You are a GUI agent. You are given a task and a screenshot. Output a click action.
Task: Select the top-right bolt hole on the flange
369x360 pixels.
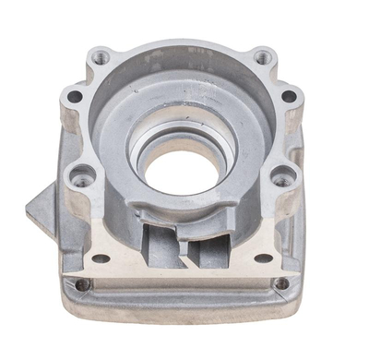(x=264, y=57)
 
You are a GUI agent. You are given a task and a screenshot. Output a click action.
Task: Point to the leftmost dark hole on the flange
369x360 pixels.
(x=74, y=95)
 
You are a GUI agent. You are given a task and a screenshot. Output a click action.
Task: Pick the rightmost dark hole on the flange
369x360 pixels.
(x=290, y=96)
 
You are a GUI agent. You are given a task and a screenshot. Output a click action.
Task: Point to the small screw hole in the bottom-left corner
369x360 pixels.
(x=83, y=284)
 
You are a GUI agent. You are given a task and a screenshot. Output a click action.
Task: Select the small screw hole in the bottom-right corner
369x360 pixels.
(x=281, y=283)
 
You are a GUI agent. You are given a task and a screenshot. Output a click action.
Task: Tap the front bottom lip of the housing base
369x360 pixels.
(x=184, y=309)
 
